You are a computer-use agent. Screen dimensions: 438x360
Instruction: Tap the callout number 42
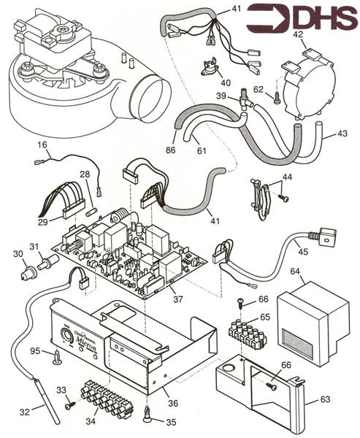coord(299,34)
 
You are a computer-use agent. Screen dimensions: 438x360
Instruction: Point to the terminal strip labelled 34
coord(102,399)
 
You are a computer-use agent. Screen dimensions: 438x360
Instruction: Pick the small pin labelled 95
coord(56,357)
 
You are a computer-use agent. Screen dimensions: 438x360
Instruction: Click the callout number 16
coord(42,146)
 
